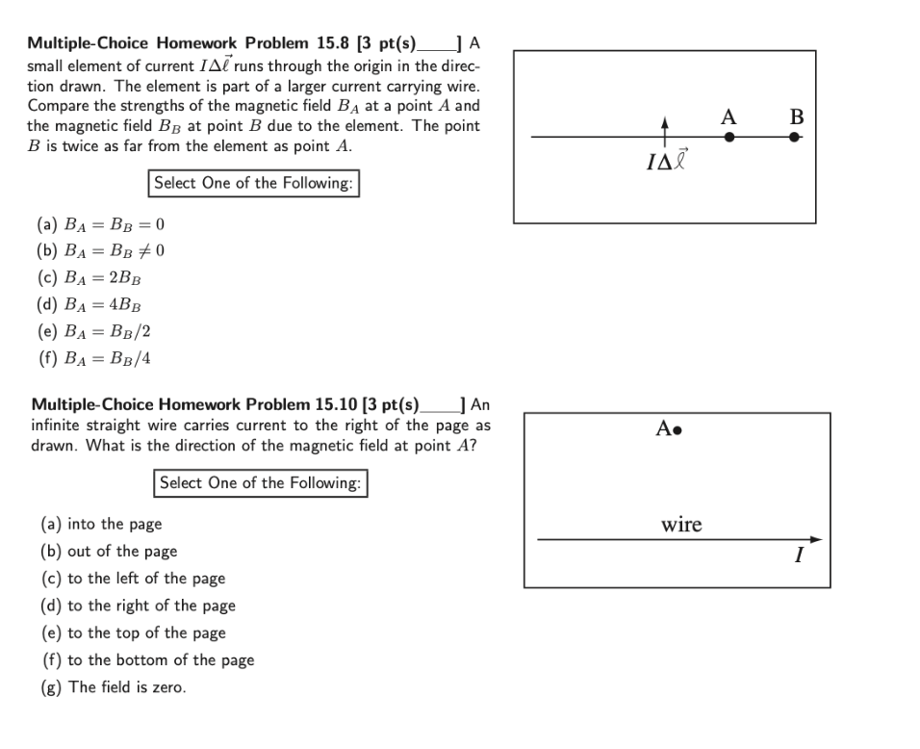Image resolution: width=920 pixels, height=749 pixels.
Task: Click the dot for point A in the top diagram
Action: click(729, 138)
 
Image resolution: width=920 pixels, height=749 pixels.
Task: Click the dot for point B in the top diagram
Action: click(794, 138)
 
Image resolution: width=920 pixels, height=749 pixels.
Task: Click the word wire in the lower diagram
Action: click(681, 525)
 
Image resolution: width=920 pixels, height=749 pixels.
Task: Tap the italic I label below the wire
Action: click(798, 555)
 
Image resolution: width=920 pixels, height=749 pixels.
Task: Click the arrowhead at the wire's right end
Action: click(816, 539)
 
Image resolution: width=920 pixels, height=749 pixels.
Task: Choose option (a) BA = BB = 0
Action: click(101, 225)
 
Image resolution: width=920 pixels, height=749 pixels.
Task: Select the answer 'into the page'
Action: click(102, 525)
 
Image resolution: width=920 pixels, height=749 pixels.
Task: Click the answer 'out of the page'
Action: click(109, 552)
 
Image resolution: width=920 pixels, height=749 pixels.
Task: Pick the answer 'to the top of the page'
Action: click(133, 633)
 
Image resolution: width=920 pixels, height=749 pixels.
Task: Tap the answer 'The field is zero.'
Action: click(114, 686)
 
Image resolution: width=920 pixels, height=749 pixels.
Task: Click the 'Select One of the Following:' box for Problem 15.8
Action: click(254, 183)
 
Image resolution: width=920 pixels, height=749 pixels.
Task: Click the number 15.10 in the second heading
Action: click(335, 403)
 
